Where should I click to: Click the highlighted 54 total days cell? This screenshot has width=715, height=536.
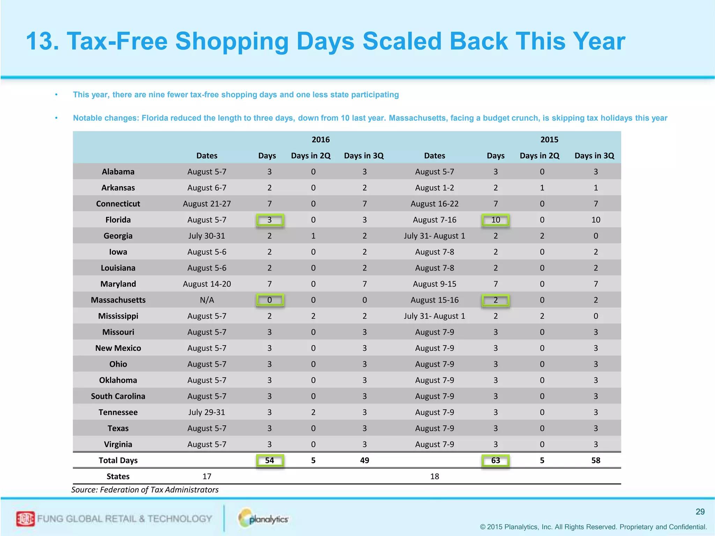(270, 460)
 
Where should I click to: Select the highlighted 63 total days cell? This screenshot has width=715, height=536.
(495, 460)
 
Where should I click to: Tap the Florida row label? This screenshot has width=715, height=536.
(118, 220)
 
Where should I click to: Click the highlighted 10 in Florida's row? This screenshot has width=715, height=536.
(495, 220)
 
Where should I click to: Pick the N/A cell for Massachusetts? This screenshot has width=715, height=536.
(207, 300)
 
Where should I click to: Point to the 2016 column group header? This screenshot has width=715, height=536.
(320, 140)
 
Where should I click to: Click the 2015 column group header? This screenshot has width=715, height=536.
(549, 140)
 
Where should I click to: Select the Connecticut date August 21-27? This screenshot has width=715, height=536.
(207, 204)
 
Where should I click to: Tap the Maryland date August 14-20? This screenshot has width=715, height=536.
(207, 284)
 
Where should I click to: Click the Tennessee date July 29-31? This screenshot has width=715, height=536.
(207, 412)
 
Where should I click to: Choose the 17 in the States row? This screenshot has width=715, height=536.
(207, 476)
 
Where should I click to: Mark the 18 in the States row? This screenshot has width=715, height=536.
(434, 476)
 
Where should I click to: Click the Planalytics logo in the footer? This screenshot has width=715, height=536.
(264, 519)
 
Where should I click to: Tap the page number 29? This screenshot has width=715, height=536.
(700, 512)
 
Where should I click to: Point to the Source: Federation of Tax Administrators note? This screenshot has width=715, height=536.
(145, 490)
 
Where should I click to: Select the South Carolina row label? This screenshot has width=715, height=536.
(118, 396)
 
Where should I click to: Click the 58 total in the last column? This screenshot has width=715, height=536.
(596, 460)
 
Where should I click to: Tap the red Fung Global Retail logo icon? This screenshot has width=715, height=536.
(25, 519)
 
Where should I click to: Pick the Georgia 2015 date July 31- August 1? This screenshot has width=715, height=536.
(434, 236)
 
